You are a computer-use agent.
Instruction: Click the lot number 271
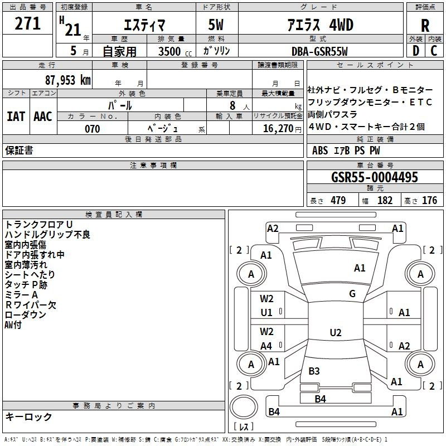[x=27, y=23]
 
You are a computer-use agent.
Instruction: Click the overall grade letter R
[x=425, y=26]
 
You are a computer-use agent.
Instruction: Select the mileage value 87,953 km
[x=68, y=80]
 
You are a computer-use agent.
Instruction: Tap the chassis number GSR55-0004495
[x=375, y=177]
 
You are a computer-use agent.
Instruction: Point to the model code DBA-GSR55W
[x=319, y=51]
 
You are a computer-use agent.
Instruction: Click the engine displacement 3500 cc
[x=175, y=51]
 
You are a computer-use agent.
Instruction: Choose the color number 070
[x=93, y=129]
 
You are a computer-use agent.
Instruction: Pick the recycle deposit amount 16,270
[x=278, y=129]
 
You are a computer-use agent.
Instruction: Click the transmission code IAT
[x=16, y=117]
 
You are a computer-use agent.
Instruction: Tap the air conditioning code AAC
[x=43, y=117]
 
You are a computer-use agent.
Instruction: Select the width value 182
[x=385, y=200]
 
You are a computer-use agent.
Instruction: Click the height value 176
[x=429, y=200]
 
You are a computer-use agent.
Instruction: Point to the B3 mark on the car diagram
[x=314, y=371]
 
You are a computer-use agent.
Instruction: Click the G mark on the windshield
[x=352, y=294]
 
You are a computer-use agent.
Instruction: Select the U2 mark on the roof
[x=336, y=332]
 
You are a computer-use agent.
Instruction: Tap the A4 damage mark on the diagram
[x=266, y=346]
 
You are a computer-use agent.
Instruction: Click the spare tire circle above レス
[x=244, y=407]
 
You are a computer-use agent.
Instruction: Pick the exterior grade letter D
[x=416, y=51]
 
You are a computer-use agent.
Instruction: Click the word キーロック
[x=28, y=416]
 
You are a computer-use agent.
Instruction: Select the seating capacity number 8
[x=232, y=105]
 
